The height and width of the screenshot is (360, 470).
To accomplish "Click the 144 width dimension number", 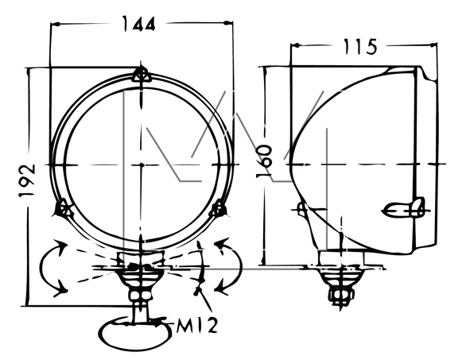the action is coord(139,24).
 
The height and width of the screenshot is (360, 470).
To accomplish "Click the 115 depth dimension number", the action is coord(359,47).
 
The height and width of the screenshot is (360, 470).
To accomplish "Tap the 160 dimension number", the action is coord(264,161).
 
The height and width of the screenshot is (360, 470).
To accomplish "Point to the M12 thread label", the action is coord(196,326).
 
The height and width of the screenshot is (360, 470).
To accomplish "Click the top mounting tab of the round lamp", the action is coord(141,74).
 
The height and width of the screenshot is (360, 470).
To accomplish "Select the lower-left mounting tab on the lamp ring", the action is coord(64,208).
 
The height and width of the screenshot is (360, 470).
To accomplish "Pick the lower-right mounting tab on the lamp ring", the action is coord(218,208).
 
